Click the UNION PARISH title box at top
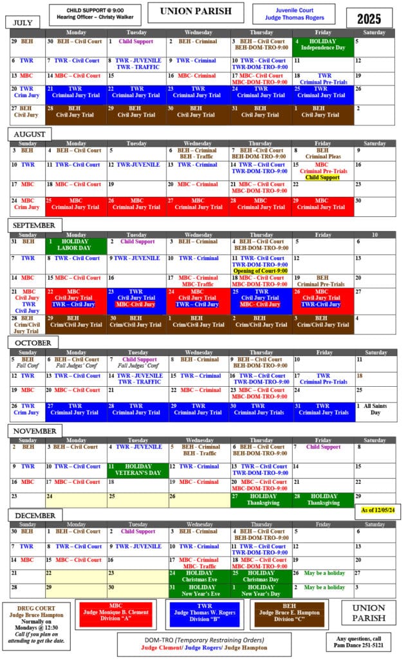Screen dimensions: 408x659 [196, 12]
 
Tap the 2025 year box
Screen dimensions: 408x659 [369, 17]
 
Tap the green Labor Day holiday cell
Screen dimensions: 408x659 [75, 245]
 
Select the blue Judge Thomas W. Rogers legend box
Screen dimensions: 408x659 [205, 615]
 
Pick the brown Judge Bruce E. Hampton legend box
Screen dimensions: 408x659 [289, 615]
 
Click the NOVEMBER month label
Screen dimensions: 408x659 [34, 431]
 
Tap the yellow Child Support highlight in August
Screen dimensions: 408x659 [322, 178]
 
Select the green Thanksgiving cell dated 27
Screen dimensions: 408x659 [261, 500]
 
